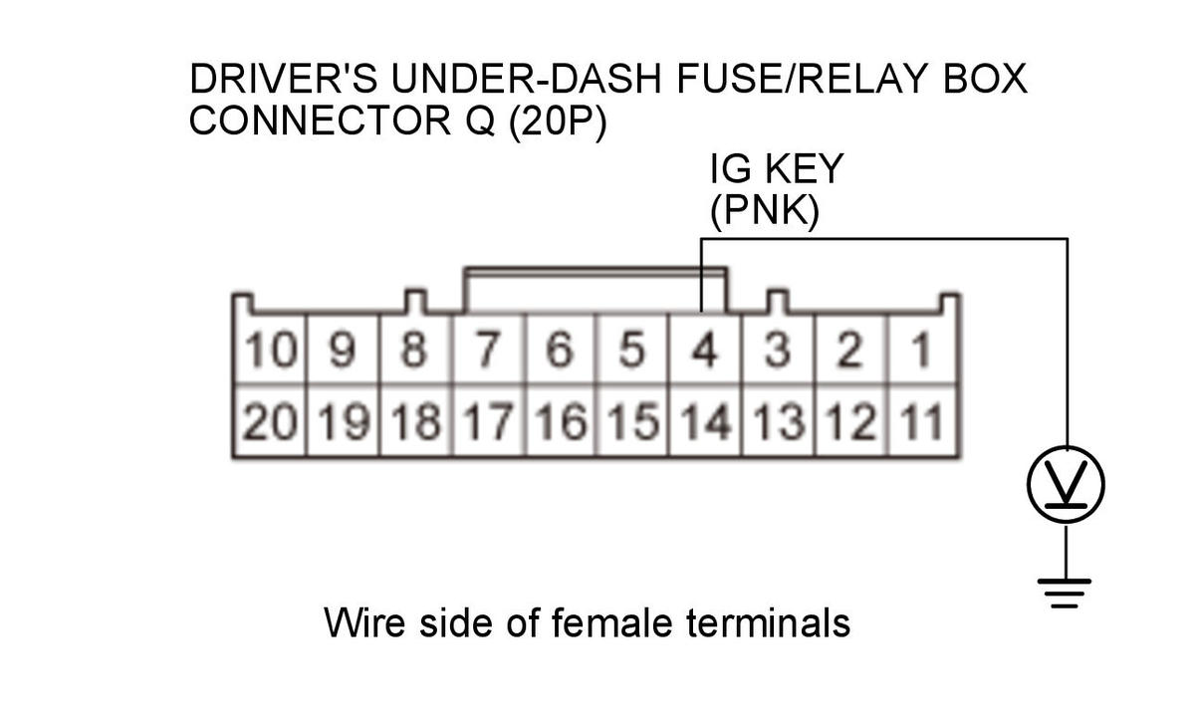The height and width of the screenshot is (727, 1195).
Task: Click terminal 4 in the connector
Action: [705, 351]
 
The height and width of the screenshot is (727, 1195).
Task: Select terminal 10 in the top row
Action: [269, 351]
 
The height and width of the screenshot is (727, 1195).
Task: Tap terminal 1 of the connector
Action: [922, 351]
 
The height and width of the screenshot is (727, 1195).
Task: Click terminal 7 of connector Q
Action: [488, 351]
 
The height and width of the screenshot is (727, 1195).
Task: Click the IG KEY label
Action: [776, 169]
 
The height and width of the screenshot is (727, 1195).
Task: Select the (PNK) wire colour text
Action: [764, 212]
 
